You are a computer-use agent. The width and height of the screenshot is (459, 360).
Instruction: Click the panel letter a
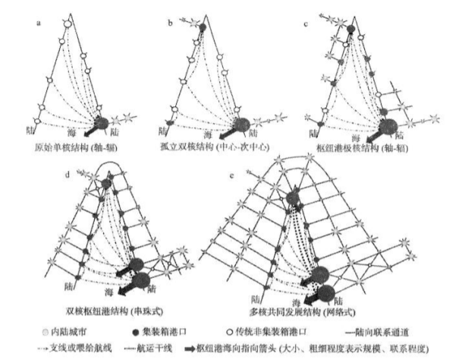pos(39,24)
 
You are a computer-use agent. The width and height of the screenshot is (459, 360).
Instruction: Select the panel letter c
pos(305,24)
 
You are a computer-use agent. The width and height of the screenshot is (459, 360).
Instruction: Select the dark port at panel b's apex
pos(203,28)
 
